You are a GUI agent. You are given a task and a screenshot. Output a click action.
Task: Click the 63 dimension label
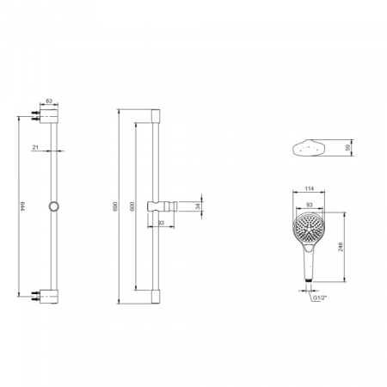click(49, 101)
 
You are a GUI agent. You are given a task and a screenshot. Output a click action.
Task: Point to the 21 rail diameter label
click(35, 147)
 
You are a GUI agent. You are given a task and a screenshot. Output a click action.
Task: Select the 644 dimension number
click(22, 206)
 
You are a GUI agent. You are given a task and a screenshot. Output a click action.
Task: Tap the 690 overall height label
click(115, 206)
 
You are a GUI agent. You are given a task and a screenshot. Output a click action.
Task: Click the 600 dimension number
click(132, 206)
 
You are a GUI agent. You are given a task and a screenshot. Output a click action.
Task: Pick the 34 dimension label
click(198, 206)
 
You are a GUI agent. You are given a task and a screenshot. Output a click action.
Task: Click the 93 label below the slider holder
click(161, 223)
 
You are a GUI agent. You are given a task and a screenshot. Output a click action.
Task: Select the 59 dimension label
click(348, 148)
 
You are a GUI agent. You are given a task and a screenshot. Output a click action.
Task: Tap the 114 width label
click(309, 188)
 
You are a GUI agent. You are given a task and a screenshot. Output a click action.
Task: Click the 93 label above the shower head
click(309, 205)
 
